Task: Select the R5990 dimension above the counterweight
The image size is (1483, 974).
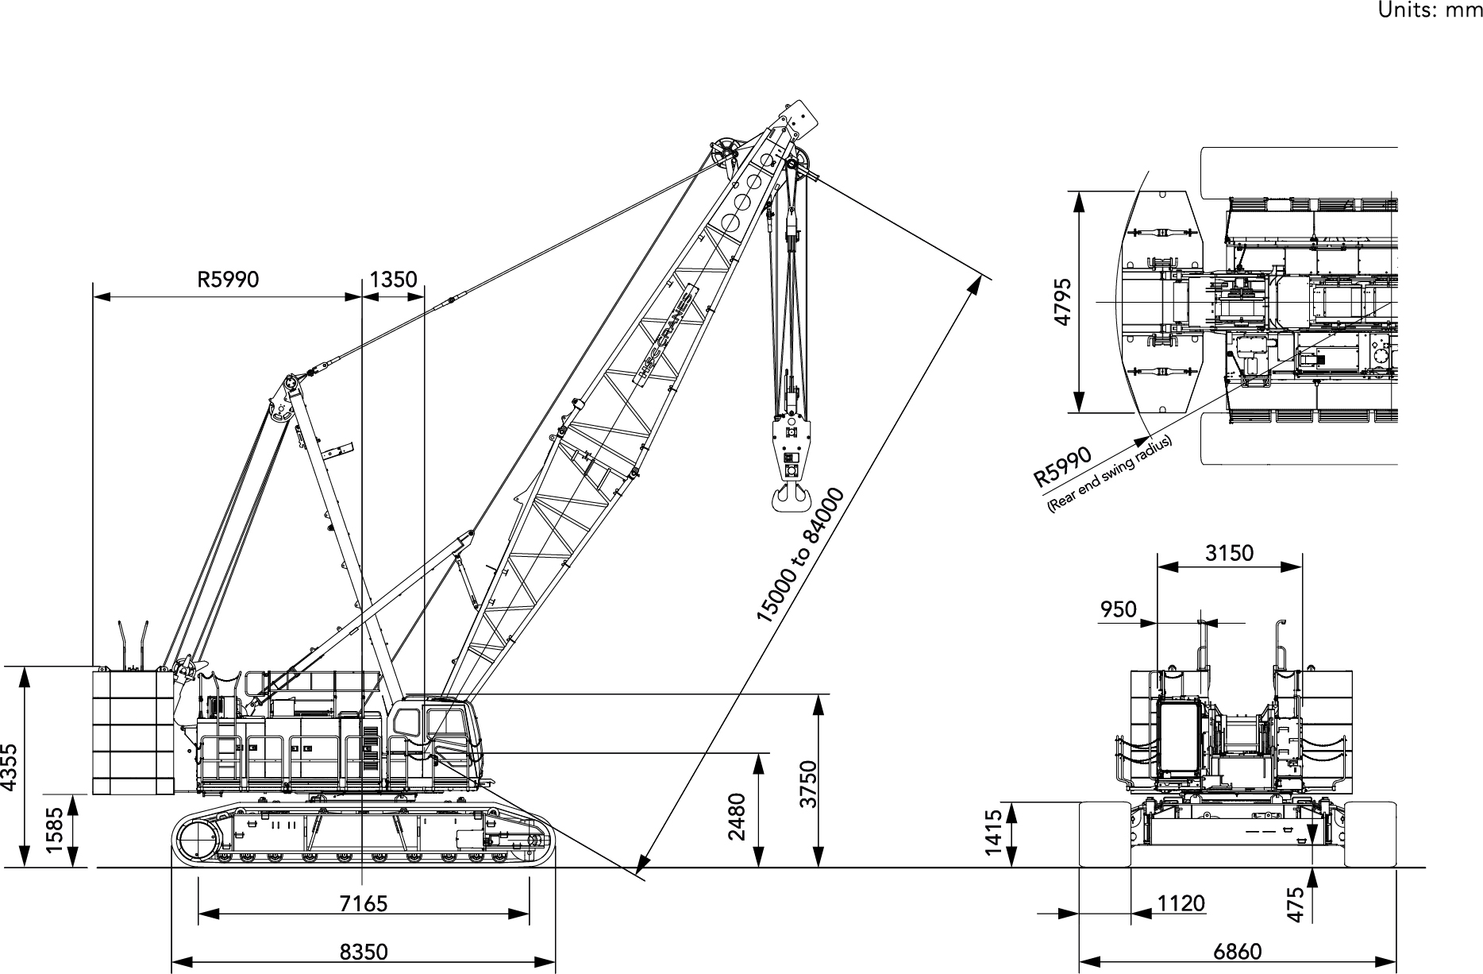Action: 228,279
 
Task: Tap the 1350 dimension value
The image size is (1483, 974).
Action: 393,279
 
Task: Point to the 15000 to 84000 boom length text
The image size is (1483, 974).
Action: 799,556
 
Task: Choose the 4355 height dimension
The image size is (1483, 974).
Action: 9,767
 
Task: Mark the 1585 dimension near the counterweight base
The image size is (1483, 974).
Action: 54,830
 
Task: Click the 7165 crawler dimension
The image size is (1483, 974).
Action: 363,903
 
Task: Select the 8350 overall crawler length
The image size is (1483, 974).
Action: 363,951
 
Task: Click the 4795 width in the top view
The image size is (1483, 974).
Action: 1062,302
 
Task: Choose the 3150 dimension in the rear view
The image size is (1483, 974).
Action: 1229,552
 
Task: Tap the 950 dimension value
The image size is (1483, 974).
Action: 1118,609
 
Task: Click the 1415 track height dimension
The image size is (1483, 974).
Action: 993,833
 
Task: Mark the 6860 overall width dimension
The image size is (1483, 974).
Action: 1238,951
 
